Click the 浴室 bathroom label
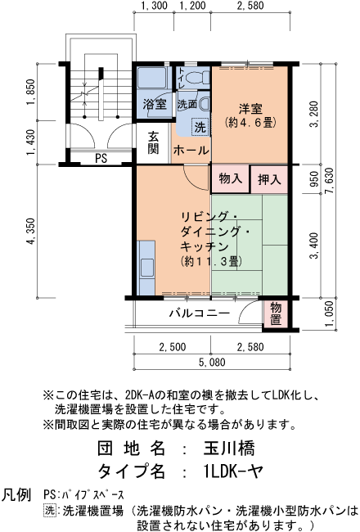(x=155, y=104)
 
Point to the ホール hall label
(x=191, y=151)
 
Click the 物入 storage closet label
(x=230, y=178)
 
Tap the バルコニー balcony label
(x=199, y=313)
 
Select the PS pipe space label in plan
(x=101, y=158)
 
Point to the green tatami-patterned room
(x=250, y=246)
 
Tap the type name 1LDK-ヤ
(x=233, y=471)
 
